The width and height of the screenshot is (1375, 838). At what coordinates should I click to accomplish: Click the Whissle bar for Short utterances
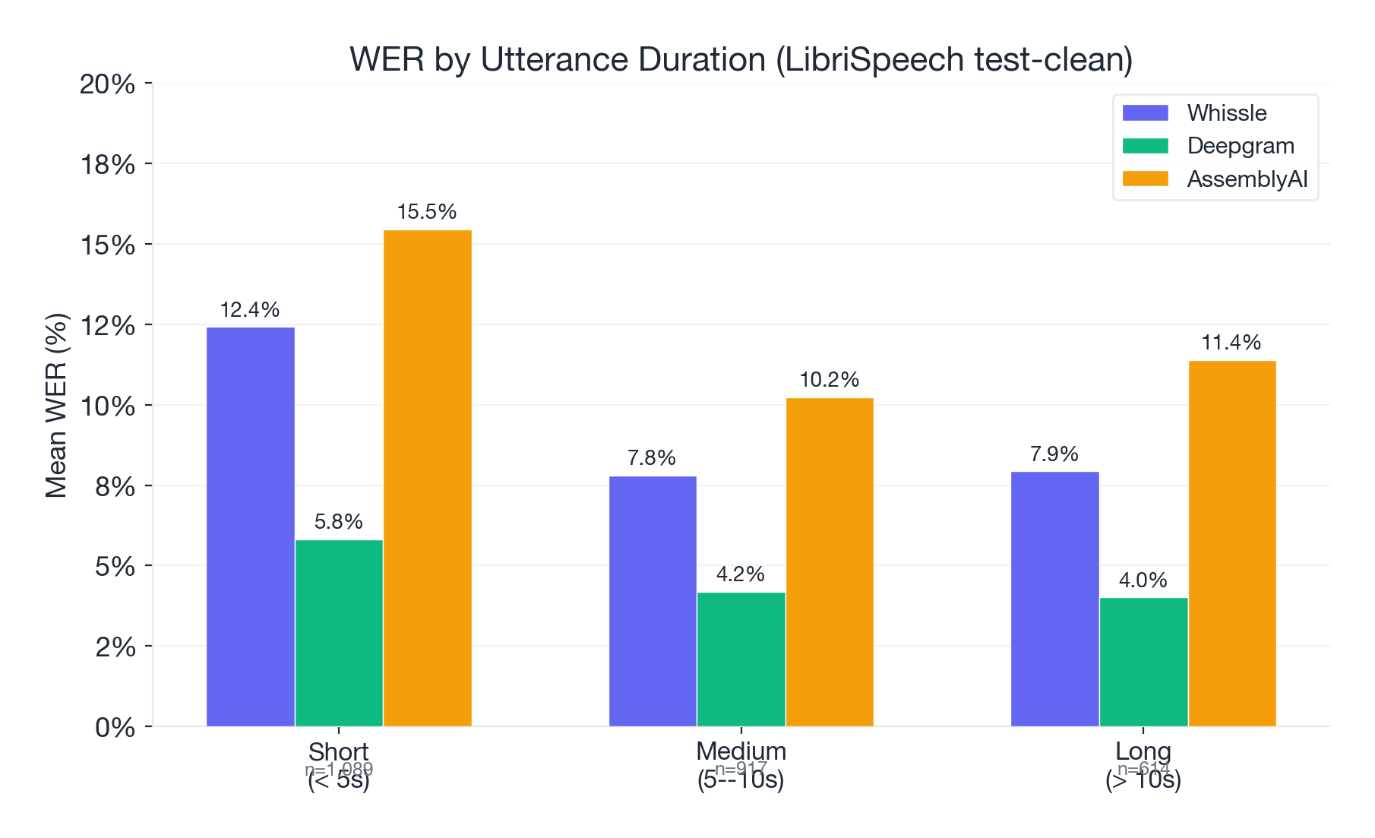click(x=251, y=527)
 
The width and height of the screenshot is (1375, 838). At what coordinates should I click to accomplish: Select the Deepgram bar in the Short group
click(x=339, y=633)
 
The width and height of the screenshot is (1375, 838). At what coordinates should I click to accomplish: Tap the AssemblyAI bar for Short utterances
click(x=428, y=478)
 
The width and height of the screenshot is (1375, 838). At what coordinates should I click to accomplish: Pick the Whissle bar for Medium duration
click(x=653, y=601)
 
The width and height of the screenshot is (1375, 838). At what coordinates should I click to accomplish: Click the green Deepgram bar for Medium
click(x=741, y=659)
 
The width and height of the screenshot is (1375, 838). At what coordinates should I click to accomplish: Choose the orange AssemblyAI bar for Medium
click(x=830, y=561)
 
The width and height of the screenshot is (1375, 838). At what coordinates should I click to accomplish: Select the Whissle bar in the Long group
click(x=1054, y=599)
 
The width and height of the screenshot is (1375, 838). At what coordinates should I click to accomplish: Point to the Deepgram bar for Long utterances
click(x=1143, y=662)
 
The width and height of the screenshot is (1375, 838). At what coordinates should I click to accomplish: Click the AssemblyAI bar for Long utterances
click(x=1232, y=543)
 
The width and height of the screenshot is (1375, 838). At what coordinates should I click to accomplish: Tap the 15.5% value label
click(x=427, y=212)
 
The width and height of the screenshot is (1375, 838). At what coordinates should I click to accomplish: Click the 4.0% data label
click(x=1143, y=580)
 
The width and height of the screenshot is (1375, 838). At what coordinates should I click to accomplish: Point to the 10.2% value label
click(x=830, y=380)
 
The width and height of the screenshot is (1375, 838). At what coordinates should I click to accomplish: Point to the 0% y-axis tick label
click(x=115, y=728)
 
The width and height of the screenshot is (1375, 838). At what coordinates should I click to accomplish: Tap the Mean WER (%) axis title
click(x=57, y=406)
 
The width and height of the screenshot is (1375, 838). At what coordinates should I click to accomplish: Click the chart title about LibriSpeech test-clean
click(x=741, y=60)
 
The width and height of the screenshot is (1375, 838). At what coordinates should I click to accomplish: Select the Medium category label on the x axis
click(x=741, y=752)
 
